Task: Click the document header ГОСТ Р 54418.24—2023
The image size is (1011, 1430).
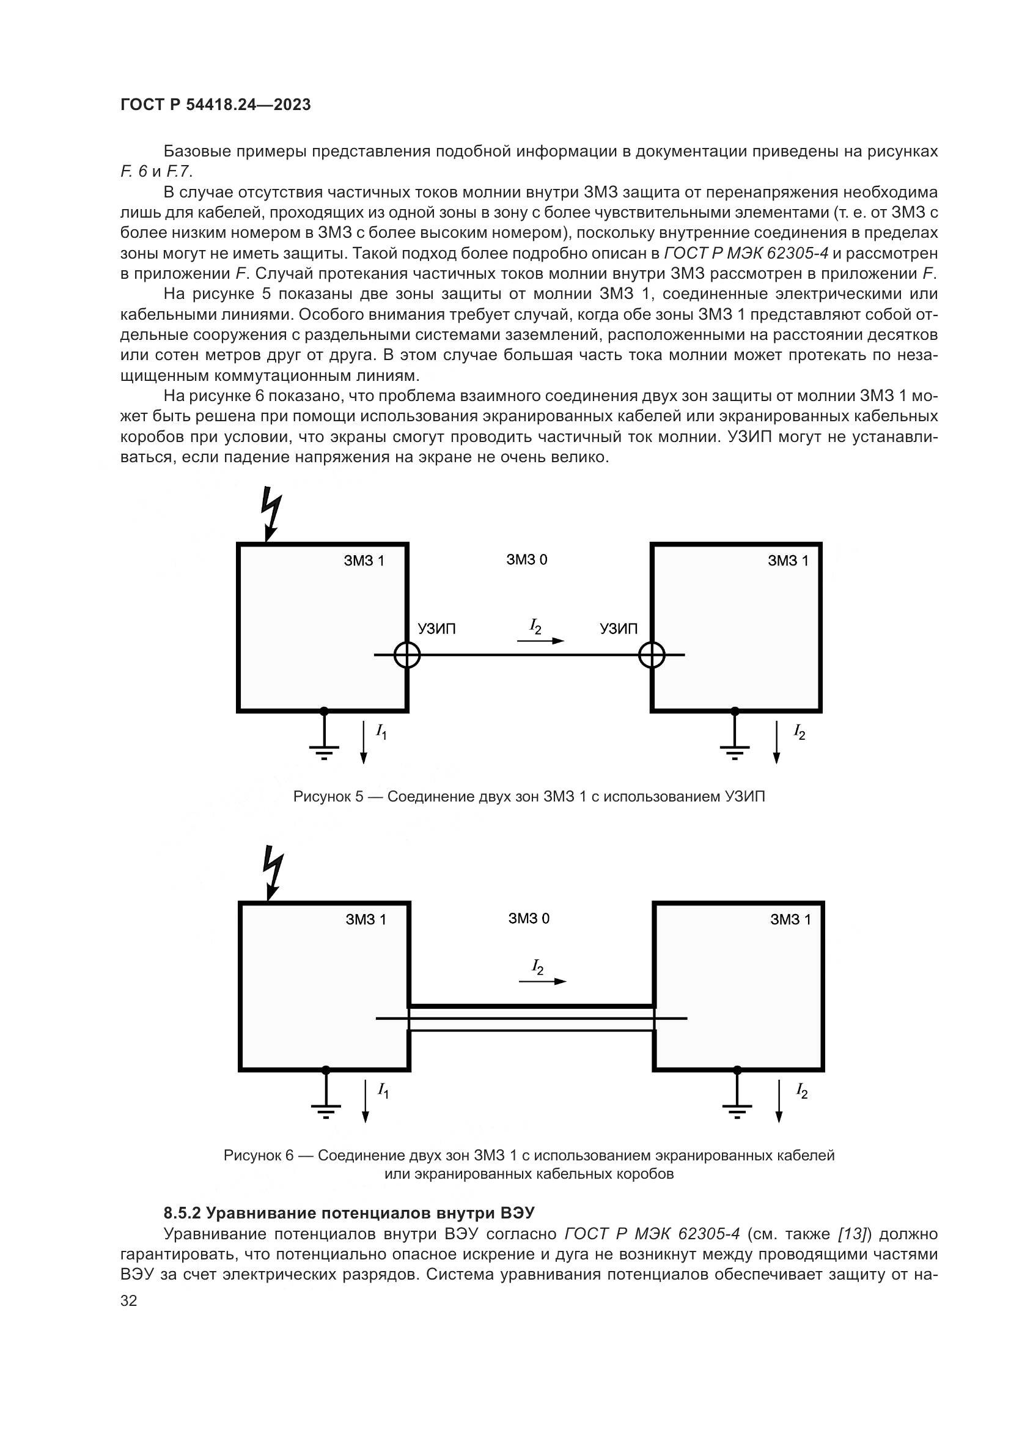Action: pyautogui.click(x=215, y=105)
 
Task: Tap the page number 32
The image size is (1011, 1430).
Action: pyautogui.click(x=129, y=1300)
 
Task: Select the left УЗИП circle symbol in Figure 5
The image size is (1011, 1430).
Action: pyautogui.click(x=407, y=655)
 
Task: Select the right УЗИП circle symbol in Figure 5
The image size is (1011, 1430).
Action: pyautogui.click(x=652, y=655)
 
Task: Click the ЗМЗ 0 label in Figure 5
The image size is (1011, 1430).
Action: pyautogui.click(x=527, y=559)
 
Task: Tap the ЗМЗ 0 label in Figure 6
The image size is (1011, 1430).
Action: pyautogui.click(x=529, y=918)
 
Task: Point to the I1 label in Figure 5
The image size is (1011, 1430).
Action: pyautogui.click(x=381, y=732)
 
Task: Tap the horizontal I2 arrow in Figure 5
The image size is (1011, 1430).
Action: pyautogui.click(x=540, y=640)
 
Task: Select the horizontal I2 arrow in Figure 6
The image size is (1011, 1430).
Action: pyautogui.click(x=542, y=981)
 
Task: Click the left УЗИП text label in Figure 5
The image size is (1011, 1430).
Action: pyautogui.click(x=436, y=629)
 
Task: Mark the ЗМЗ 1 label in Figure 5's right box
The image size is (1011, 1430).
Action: pyautogui.click(x=787, y=561)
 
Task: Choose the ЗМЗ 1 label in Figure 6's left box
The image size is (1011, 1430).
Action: pyautogui.click(x=366, y=920)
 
